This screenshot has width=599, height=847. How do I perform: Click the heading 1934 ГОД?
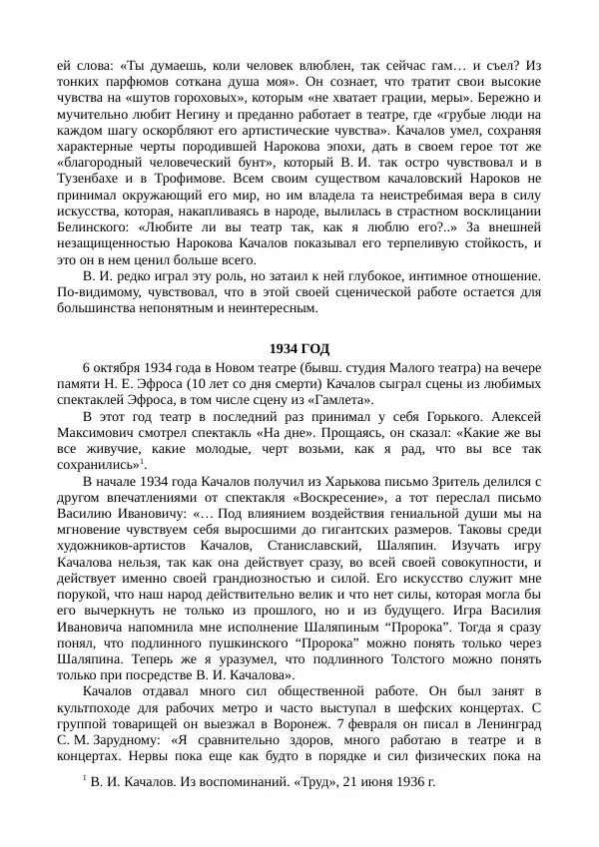click(299, 348)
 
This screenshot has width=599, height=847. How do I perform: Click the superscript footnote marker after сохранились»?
click(144, 462)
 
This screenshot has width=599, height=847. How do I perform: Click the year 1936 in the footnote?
click(407, 808)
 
